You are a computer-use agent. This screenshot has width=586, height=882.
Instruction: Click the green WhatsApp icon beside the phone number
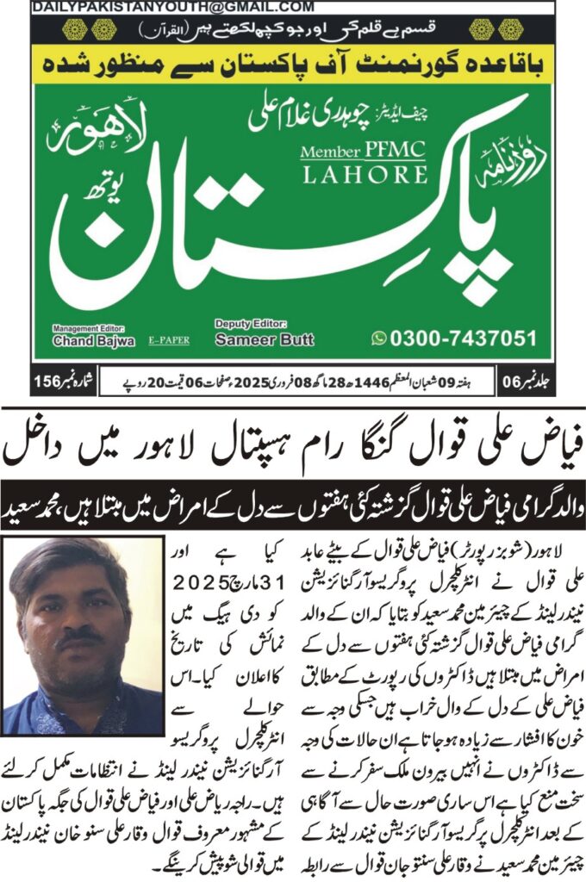tap(379, 339)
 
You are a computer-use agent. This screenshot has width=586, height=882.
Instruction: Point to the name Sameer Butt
tap(252, 339)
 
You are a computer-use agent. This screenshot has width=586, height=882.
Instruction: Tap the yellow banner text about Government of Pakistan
tap(293, 63)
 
